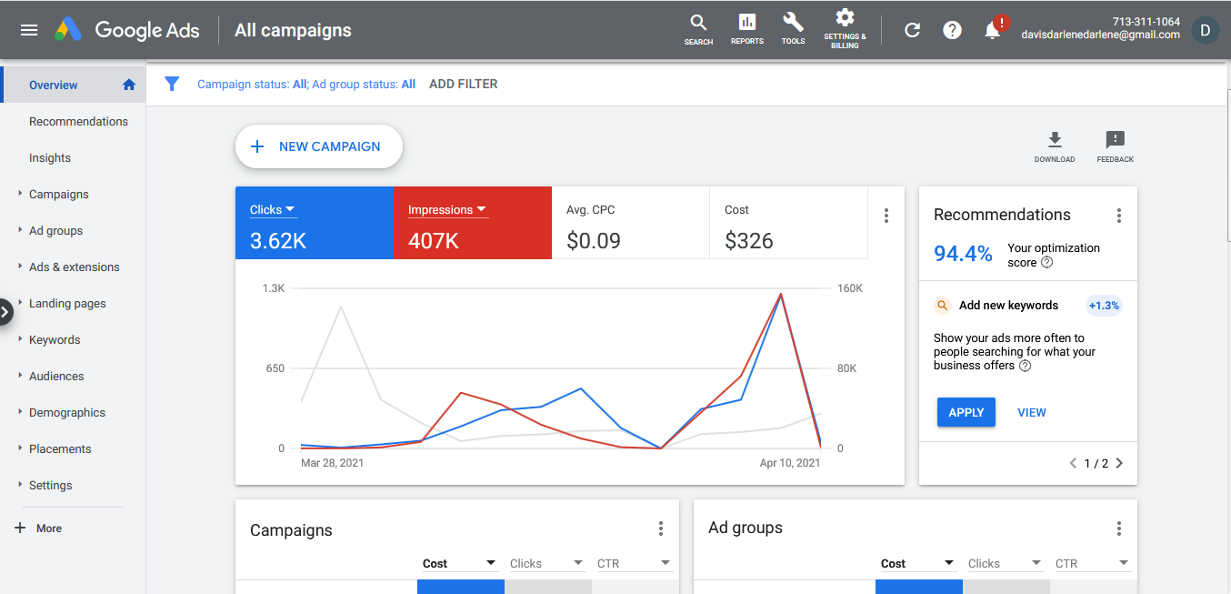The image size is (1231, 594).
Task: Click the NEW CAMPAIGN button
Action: [x=319, y=146]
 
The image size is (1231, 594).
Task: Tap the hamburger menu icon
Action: [x=29, y=30]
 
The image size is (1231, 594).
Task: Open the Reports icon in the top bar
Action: [x=746, y=23]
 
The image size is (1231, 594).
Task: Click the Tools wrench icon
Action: [x=793, y=23]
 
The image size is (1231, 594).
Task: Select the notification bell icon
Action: [x=993, y=30]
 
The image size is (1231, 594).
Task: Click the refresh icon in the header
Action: [x=912, y=30]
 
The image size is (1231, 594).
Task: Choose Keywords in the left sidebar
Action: [x=55, y=340]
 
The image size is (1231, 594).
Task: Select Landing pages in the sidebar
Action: [x=67, y=304]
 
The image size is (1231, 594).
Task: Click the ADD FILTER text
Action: [x=464, y=85]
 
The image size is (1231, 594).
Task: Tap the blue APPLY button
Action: [x=966, y=412]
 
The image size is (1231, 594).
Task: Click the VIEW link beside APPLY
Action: [x=1032, y=412]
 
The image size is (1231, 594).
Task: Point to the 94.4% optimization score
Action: [x=963, y=254]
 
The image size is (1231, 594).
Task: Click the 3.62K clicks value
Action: [x=278, y=241]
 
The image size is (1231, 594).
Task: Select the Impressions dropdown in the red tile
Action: [x=446, y=209]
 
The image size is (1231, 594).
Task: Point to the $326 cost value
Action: [x=748, y=241]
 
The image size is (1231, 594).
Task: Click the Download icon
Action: [x=1055, y=140]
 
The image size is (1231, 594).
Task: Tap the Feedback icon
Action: [x=1115, y=140]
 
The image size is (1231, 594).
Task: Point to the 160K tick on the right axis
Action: [x=850, y=288]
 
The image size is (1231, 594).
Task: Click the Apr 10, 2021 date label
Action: [x=790, y=463]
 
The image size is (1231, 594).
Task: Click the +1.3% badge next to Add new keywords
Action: [x=1104, y=306]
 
